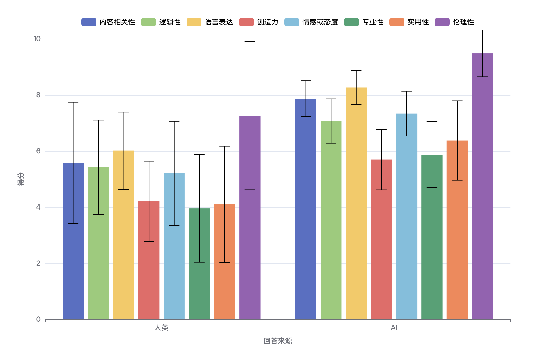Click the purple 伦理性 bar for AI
[482, 187]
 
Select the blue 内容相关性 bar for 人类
[73, 241]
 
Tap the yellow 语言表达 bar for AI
[356, 204]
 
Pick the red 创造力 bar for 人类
[149, 260]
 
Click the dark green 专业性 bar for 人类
[199, 264]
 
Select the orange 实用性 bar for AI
[457, 230]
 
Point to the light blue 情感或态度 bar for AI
[406, 216]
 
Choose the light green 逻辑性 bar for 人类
[98, 243]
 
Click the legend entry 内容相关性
[108, 22]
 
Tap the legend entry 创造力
[259, 22]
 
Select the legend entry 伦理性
[455, 22]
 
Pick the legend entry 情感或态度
[311, 22]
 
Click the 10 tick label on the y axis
[37, 39]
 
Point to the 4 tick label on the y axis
[38, 207]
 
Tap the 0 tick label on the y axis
[38, 319]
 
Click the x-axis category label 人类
[161, 328]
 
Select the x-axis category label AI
[394, 328]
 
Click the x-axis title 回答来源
[278, 341]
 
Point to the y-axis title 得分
[21, 179]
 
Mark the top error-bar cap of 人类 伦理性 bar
[250, 42]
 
